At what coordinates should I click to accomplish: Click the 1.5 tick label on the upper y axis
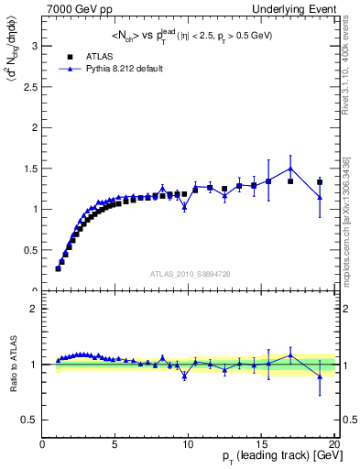click(x=29, y=168)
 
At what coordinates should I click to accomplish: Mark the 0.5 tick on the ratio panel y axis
click(x=29, y=420)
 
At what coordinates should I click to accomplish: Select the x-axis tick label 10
click(x=188, y=444)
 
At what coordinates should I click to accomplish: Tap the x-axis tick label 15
click(x=261, y=444)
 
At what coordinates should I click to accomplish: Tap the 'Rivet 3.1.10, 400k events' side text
click(x=351, y=64)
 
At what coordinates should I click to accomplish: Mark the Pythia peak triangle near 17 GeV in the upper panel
click(x=290, y=168)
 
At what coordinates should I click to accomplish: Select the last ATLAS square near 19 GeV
click(x=320, y=181)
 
